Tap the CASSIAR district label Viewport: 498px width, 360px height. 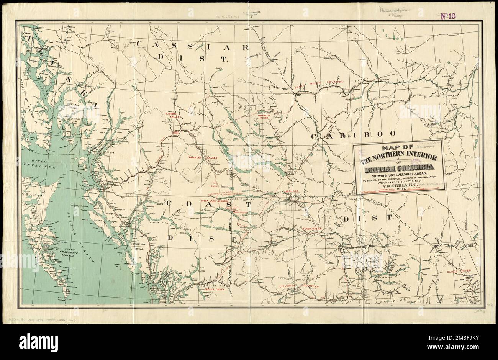[x=193, y=47]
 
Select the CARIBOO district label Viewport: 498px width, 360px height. [x=353, y=135]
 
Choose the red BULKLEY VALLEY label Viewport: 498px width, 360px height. [x=203, y=158]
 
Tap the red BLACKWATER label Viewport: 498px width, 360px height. [x=312, y=229]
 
